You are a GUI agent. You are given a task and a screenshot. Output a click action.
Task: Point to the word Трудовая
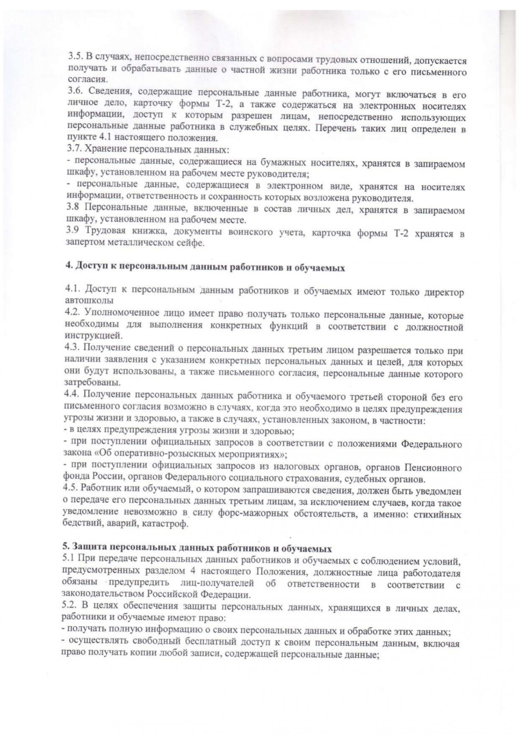click(102, 232)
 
